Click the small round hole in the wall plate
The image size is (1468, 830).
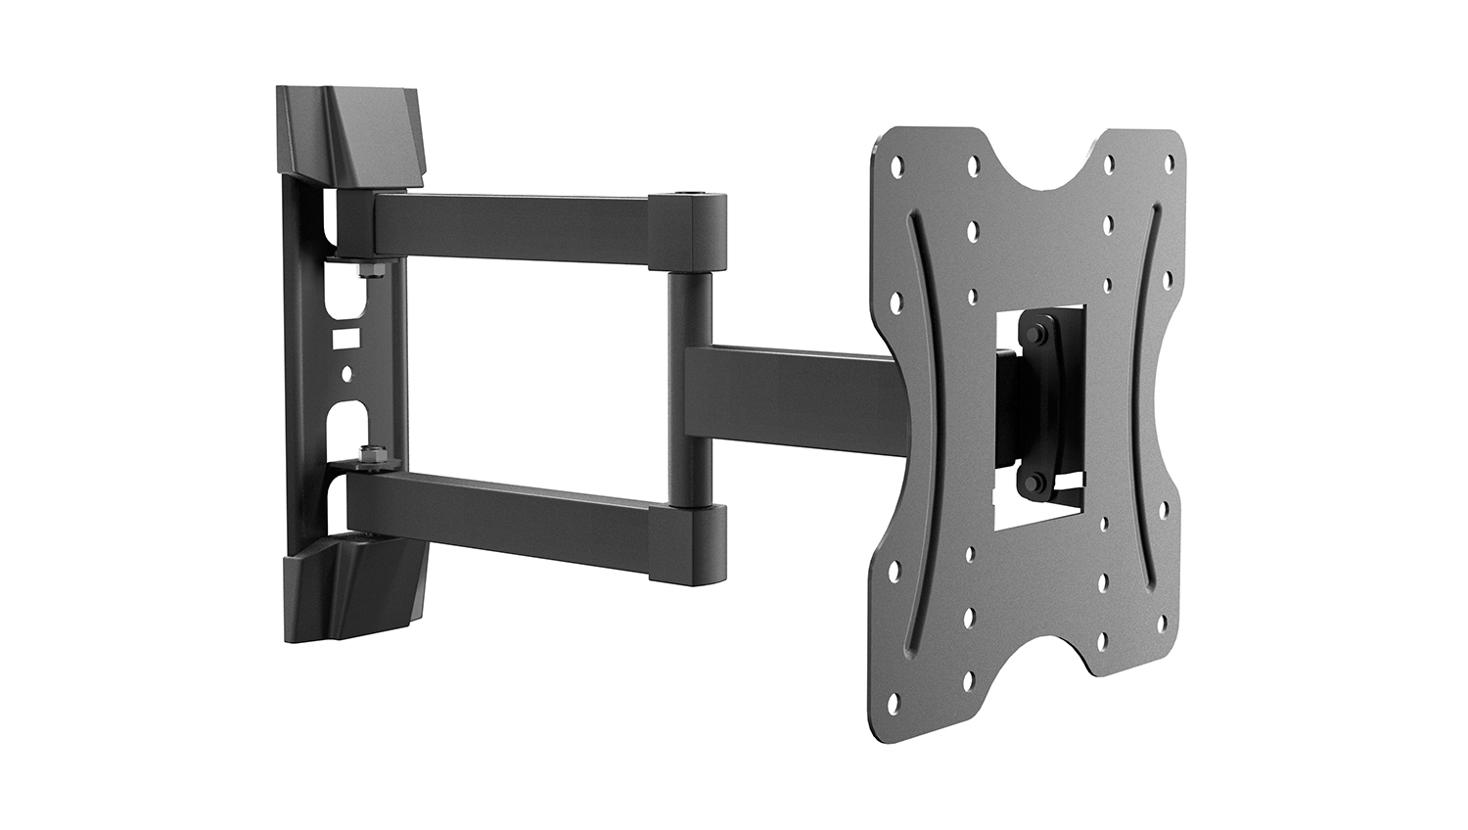coord(344,374)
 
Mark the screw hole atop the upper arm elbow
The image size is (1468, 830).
coord(693,197)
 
